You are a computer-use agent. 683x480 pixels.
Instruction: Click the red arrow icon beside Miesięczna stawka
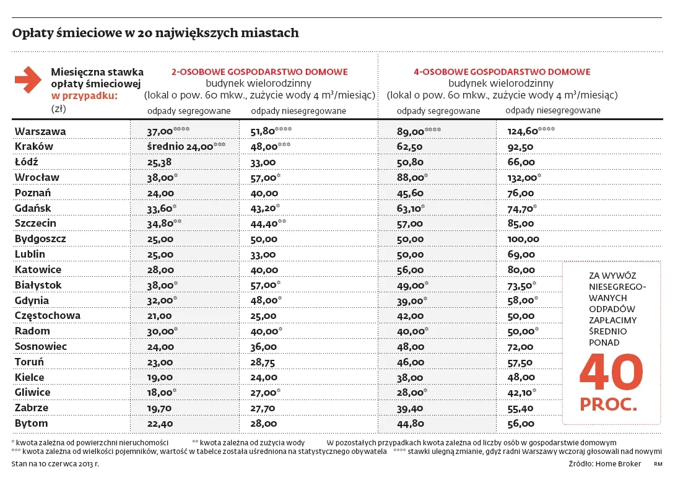point(27,80)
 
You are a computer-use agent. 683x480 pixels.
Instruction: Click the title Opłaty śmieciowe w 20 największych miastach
point(155,33)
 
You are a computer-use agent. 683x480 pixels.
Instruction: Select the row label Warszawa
point(40,131)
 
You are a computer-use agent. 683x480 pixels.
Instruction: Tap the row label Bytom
point(31,423)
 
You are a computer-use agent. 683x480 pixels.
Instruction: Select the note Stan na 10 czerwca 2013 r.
point(55,463)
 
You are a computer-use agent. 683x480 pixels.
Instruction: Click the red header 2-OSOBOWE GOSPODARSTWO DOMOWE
point(259,72)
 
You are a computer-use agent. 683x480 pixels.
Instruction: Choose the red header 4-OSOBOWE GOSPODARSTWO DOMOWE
point(502,72)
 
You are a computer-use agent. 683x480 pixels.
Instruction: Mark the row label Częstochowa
point(48,315)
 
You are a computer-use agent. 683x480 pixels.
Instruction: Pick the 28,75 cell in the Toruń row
point(263,362)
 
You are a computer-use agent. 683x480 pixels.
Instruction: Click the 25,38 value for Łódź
point(159,162)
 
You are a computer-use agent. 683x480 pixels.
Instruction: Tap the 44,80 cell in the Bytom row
point(410,423)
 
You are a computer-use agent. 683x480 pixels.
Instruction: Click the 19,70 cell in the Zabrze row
point(159,408)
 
